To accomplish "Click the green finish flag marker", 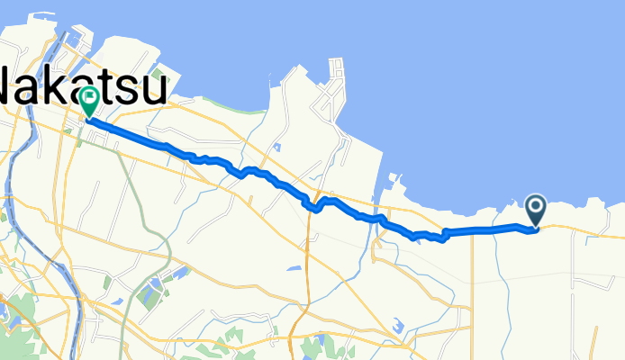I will click(x=89, y=102).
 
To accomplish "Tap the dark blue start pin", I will click(x=536, y=211).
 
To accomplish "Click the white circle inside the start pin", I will click(x=536, y=208).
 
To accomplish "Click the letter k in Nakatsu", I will click(x=65, y=88).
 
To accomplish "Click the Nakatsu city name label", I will click(x=81, y=88).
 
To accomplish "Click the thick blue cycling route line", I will click(x=270, y=177).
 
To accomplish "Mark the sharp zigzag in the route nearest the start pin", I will click(x=443, y=237).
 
